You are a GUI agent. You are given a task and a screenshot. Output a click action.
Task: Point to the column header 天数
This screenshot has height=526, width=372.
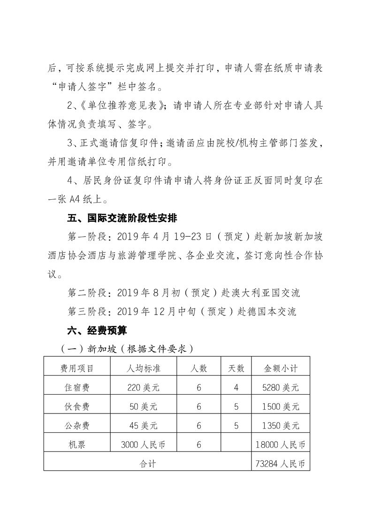(236, 368)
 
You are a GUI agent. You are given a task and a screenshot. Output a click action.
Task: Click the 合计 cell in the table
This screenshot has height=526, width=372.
(148, 464)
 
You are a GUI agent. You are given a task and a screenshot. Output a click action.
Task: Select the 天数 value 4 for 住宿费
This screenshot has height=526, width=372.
(236, 388)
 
